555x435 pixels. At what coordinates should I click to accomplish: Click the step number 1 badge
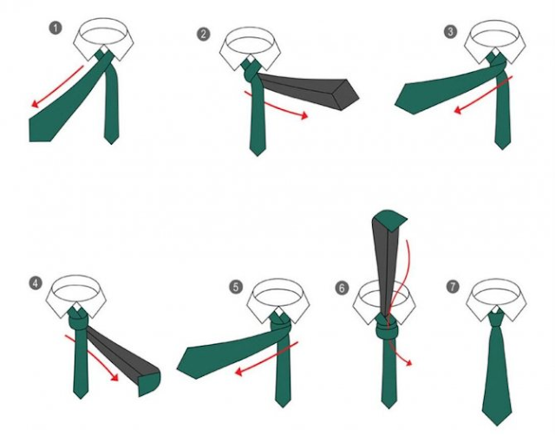(x=55, y=29)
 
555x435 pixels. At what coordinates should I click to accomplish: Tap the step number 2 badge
(x=203, y=35)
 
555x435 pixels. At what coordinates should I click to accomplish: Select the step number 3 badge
(x=450, y=32)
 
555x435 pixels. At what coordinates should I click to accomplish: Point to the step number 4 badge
(x=36, y=283)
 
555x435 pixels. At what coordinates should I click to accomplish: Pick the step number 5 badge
(x=236, y=287)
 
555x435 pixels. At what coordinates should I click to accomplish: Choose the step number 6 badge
(x=342, y=288)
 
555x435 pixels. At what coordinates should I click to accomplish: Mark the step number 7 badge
(x=453, y=287)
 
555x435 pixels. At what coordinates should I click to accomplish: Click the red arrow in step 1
(x=58, y=87)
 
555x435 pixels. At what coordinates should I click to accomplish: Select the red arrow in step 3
(x=483, y=94)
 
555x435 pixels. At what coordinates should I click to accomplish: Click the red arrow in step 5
(x=266, y=358)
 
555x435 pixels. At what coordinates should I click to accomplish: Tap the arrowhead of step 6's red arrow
(x=408, y=362)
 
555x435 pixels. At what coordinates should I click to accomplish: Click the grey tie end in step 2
(x=308, y=90)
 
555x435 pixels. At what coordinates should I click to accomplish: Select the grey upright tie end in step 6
(x=387, y=262)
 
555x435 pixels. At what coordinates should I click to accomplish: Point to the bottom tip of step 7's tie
(x=497, y=425)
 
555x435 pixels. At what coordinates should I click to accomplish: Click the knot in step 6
(x=387, y=328)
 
